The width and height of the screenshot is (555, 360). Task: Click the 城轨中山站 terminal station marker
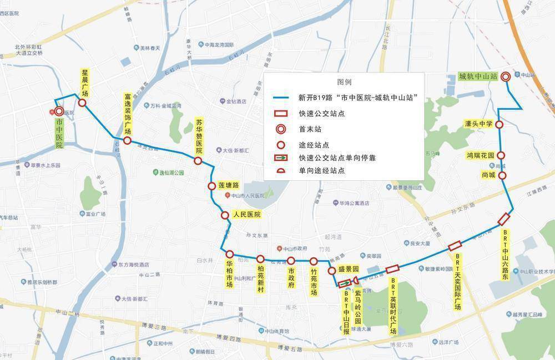tap(506, 77)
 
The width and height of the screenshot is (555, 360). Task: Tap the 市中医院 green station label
tap(59, 133)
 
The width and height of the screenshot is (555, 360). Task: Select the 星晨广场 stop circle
tap(82, 103)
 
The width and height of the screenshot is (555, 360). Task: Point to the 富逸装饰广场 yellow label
tap(127, 114)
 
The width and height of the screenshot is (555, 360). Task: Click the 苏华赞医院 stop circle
tap(198, 160)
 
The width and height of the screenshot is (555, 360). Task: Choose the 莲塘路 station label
tap(228, 185)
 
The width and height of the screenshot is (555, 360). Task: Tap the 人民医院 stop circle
tap(225, 215)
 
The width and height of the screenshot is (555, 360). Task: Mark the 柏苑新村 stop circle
tap(260, 259)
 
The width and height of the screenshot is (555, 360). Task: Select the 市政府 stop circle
tap(291, 261)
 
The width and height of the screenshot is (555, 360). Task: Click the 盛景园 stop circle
tap(331, 271)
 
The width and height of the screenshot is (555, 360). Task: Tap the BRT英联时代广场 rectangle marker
tap(392, 268)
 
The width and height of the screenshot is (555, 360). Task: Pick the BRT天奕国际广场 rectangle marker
tap(455, 246)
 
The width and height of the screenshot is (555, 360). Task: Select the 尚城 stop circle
tap(503, 176)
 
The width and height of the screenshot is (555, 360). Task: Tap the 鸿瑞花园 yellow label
tap(480, 156)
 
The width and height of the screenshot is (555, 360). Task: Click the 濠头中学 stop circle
tap(499, 125)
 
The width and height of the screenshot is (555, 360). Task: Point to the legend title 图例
tap(344, 82)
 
